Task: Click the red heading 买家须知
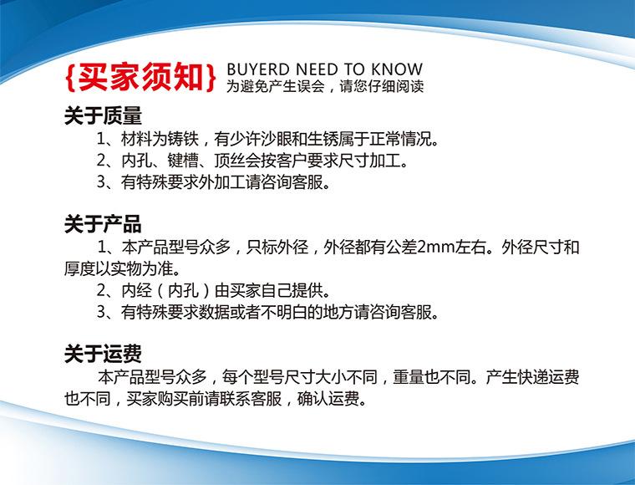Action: pos(140,77)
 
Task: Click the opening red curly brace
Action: pos(70,77)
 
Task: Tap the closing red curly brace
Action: pos(211,77)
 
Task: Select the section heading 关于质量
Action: pos(103,115)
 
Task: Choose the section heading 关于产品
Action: pos(103,223)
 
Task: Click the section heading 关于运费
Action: pos(103,354)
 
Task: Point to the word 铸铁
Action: pos(183,139)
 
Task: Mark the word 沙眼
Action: pos(277,139)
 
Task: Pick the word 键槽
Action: pos(183,161)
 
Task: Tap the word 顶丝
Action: pos(230,161)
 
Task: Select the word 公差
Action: pos(402,247)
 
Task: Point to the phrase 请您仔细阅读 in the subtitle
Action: pos(382,86)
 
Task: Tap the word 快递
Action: pos(532,377)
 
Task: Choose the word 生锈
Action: pos(323,139)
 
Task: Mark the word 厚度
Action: pos(79,268)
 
